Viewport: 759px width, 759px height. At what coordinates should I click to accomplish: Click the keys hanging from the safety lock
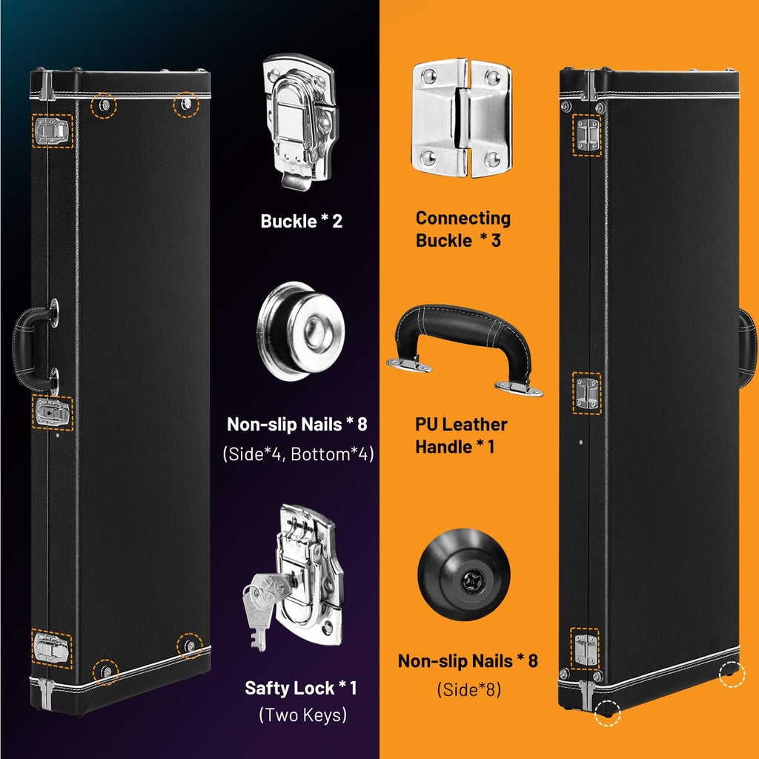264,605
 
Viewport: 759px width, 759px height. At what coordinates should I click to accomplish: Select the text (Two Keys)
303,715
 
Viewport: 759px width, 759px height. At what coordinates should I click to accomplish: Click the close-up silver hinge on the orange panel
462,118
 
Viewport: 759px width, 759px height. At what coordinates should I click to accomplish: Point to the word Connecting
463,218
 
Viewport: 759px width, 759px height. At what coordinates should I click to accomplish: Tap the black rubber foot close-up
463,574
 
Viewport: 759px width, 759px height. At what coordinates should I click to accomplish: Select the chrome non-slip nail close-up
301,331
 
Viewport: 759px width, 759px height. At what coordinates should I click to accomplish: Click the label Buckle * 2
301,221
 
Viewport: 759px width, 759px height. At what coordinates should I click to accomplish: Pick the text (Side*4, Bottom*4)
298,454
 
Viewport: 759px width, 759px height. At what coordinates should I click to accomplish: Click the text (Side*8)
468,689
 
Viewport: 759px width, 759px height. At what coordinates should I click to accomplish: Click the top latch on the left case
52,131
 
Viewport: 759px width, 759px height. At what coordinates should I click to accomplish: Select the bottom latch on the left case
51,649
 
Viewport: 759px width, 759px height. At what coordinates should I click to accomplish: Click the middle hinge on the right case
587,393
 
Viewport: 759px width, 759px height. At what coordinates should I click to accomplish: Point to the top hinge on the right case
587,135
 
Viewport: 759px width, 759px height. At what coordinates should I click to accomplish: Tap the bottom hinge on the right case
586,649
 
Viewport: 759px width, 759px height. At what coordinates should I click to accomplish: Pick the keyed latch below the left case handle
53,412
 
